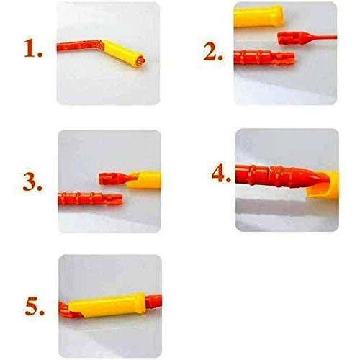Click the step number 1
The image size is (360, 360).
(33, 48)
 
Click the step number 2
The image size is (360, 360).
(213, 51)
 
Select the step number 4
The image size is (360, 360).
(221, 174)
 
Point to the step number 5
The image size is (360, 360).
(35, 307)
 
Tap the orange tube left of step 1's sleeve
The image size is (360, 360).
(80, 45)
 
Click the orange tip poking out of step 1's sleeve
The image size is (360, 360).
(141, 60)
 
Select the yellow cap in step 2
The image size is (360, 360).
(258, 16)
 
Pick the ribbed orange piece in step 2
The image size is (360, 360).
(264, 58)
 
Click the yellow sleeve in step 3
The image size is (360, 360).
(144, 180)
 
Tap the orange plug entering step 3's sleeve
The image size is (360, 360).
(118, 179)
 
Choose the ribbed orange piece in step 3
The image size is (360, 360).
(90, 199)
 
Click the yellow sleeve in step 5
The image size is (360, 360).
(107, 305)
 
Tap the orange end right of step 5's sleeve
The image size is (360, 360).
(153, 302)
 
